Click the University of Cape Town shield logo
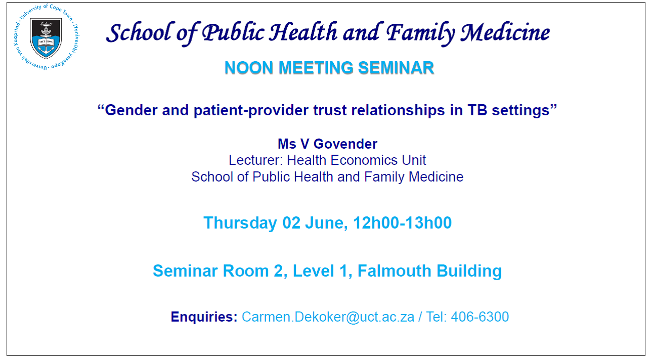pyautogui.click(x=46, y=37)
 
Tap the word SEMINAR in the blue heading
pyautogui.click(x=396, y=68)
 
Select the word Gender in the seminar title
pyautogui.click(x=131, y=111)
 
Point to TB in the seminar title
pyautogui.click(x=477, y=111)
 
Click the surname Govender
pyautogui.click(x=345, y=144)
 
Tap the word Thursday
pyautogui.click(x=240, y=223)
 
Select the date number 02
pyautogui.click(x=291, y=223)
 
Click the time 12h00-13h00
pyautogui.click(x=402, y=223)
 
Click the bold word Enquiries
pyautogui.click(x=204, y=317)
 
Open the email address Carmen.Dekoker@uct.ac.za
pyautogui.click(x=328, y=317)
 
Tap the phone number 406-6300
pyautogui.click(x=480, y=317)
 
